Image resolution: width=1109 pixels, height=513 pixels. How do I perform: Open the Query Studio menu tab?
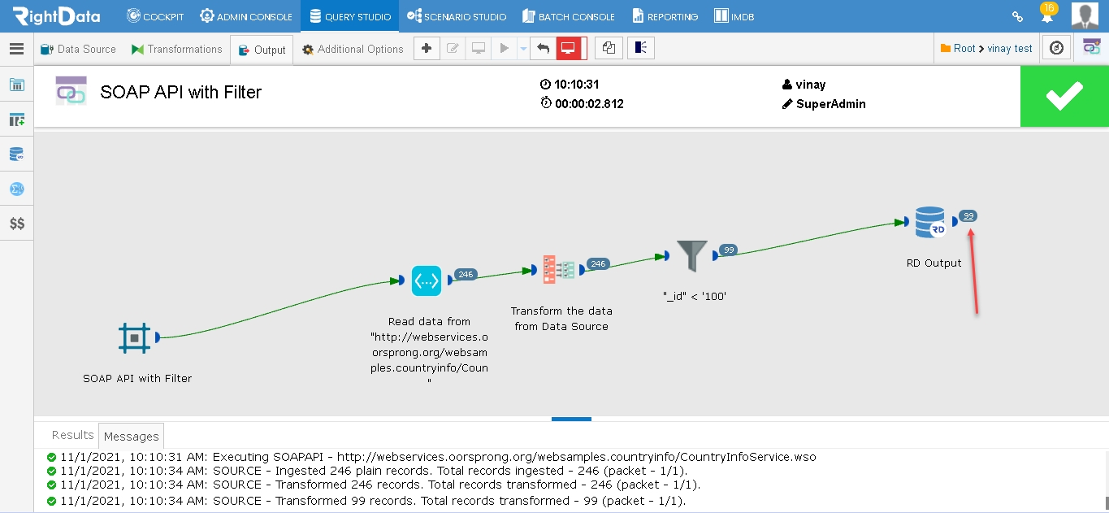point(350,16)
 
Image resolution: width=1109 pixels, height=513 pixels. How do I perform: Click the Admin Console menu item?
point(246,16)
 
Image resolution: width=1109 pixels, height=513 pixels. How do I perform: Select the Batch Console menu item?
point(569,16)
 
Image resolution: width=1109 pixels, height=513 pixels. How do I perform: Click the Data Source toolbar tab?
point(78,49)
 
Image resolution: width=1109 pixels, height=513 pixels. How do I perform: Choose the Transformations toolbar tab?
point(177,49)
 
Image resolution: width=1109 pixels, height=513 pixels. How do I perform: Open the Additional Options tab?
point(353,49)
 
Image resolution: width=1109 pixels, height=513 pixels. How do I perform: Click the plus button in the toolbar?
point(427,48)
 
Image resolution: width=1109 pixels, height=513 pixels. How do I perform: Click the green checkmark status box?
point(1064,96)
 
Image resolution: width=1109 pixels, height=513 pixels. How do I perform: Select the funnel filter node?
point(691,255)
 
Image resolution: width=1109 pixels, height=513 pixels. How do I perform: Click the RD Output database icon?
point(930,222)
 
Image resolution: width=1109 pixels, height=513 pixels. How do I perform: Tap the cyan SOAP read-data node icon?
point(427,281)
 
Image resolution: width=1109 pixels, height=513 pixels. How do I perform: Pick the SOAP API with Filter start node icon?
point(134,338)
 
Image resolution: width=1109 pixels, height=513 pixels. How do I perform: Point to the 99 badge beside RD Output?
point(968,216)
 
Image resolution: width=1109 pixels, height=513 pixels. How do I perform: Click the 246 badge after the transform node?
point(598,263)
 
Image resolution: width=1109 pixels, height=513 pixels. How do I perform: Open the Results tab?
point(73,435)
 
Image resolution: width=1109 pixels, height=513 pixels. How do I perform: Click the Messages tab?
point(131,437)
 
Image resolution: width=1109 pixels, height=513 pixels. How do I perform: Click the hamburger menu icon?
point(17,49)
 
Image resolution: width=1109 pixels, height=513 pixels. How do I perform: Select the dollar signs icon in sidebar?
point(17,224)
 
